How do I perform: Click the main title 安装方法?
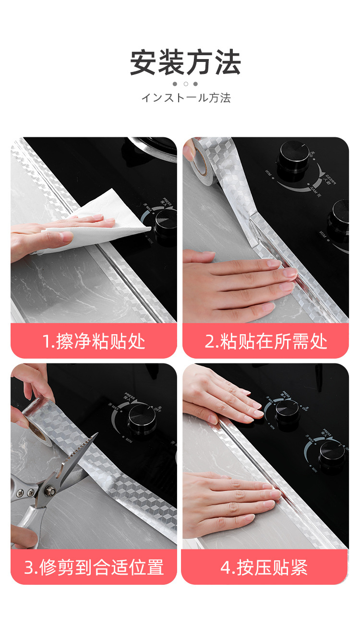pos(185,63)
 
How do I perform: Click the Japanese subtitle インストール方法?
pos(186,98)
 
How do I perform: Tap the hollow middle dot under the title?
pos(185,84)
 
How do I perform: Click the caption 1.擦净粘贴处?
pos(94,342)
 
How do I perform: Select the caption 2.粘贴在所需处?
pos(265,342)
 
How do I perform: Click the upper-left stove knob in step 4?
pos(287,411)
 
